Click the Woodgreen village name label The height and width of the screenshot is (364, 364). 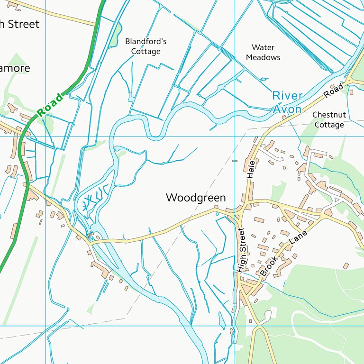click(196, 198)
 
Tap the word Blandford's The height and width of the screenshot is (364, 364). click(146, 42)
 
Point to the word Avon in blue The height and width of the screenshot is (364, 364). click(287, 109)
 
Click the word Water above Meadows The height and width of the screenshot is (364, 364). click(263, 47)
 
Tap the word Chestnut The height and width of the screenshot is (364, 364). click(328, 115)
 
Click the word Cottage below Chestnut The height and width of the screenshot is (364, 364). click(328, 125)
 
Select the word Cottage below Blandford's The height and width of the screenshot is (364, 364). click(146, 52)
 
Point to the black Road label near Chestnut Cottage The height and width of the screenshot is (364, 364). click(334, 91)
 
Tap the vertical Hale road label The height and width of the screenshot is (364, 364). click(251, 169)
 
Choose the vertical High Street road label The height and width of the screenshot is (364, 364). click(241, 250)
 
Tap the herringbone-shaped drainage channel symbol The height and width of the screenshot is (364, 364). click(90, 201)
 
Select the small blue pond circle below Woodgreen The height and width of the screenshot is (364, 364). click(218, 214)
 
